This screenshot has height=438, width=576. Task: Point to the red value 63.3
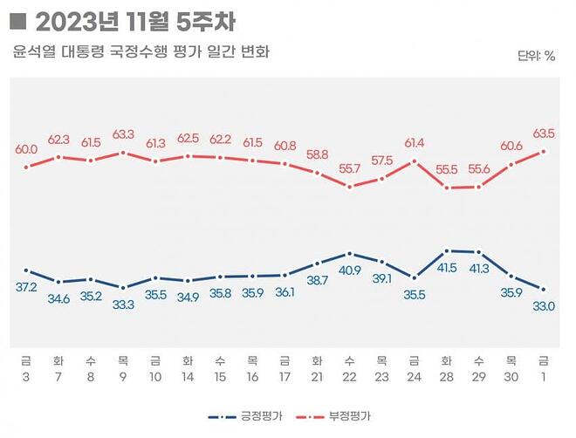[123, 134]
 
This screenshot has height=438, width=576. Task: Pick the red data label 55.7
[349, 169]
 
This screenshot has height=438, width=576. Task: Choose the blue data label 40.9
[349, 270]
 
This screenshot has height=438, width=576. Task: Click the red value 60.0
[27, 149]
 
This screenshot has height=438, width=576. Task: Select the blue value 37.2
[27, 287]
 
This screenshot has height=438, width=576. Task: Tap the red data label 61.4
[414, 142]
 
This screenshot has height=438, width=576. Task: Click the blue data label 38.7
[317, 280]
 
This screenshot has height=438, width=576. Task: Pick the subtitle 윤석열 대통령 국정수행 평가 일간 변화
[141, 52]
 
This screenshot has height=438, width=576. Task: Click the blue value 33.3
[123, 305]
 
